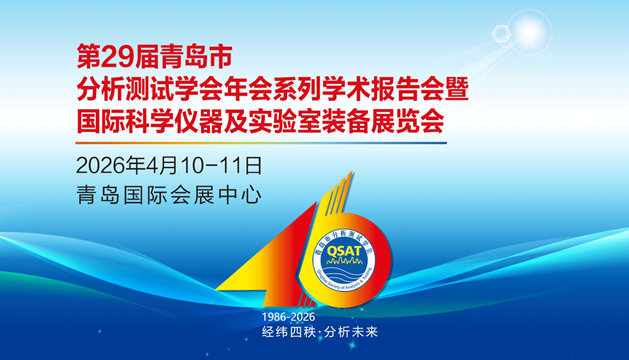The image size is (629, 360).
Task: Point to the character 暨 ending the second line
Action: click(x=457, y=91)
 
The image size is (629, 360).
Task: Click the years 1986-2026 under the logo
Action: click(x=292, y=314)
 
